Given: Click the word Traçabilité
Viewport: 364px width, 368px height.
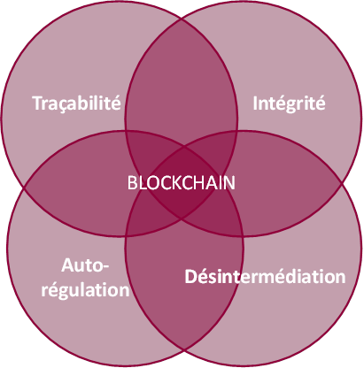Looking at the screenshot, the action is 76,103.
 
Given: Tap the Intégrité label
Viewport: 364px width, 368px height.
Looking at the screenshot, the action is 289,103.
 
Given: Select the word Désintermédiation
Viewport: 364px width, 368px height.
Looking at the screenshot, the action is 265,276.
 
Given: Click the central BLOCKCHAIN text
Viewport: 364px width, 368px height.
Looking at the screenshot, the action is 182,182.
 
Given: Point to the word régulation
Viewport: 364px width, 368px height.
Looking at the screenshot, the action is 85,290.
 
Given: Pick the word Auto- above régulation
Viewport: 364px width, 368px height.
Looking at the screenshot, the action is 85,265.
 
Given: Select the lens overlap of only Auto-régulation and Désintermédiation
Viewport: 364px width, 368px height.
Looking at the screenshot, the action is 183,283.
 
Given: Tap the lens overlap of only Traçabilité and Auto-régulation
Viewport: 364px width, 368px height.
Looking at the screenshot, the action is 77,183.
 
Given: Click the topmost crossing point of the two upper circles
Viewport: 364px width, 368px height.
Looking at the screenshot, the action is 182,19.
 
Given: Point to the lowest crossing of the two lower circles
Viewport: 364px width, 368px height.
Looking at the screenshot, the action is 184,350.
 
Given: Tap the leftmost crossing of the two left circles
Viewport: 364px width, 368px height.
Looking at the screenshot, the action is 25,187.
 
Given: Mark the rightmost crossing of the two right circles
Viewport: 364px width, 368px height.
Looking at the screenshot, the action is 342,183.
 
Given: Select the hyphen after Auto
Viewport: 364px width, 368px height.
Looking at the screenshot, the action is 105,267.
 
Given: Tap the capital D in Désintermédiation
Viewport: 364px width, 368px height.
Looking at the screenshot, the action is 191,277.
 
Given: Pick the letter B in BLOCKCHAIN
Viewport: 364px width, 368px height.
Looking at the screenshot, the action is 132,183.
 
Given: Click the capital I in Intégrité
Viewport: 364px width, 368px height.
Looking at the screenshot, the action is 255,103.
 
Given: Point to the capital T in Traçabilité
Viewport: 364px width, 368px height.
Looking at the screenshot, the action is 37,103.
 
